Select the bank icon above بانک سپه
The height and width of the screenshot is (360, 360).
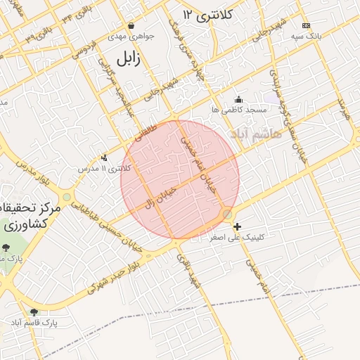pyautogui.click(x=305, y=25)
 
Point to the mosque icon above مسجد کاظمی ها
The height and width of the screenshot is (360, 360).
pyautogui.click(x=238, y=99)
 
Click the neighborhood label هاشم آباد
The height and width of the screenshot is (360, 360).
pyautogui.click(x=255, y=133)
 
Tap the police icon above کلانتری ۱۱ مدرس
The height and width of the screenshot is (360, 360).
pyautogui.click(x=104, y=157)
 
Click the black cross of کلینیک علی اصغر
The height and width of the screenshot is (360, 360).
pyautogui.click(x=238, y=226)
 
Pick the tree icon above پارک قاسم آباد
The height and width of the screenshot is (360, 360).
pyautogui.click(x=34, y=311)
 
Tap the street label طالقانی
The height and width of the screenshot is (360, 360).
pyautogui.click(x=146, y=132)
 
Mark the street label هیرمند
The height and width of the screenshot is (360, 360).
pyautogui.click(x=342, y=108)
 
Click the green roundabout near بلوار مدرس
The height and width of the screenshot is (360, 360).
pyautogui.click(x=66, y=197)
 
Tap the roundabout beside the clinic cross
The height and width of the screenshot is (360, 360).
pyautogui.click(x=227, y=213)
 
